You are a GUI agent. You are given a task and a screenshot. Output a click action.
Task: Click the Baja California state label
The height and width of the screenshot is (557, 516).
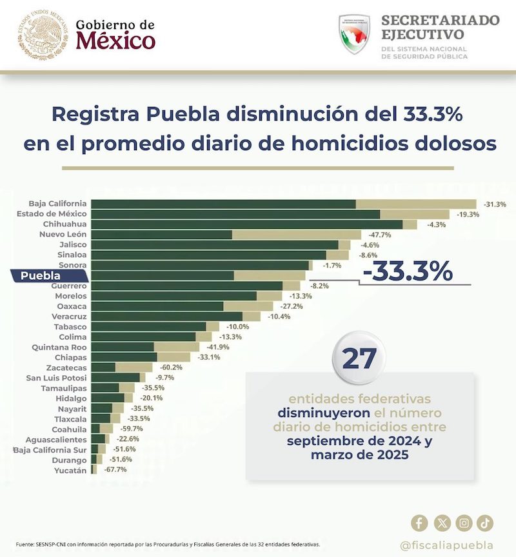click(x=58, y=204)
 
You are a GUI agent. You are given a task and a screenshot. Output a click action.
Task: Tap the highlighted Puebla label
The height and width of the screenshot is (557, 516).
click(x=41, y=276)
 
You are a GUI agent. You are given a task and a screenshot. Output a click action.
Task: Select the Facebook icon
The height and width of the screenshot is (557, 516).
click(x=419, y=523)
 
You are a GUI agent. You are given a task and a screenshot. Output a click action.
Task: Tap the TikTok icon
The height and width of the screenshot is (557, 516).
click(x=485, y=523)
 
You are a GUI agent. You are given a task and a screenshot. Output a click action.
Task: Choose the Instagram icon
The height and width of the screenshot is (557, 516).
click(x=464, y=523)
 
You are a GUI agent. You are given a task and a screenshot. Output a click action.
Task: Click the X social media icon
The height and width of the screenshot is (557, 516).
click(x=442, y=523)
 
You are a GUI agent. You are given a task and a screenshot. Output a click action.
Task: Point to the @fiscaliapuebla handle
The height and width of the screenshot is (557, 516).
click(x=446, y=545)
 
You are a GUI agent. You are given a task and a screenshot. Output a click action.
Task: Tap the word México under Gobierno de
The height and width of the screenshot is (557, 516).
click(x=115, y=42)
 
